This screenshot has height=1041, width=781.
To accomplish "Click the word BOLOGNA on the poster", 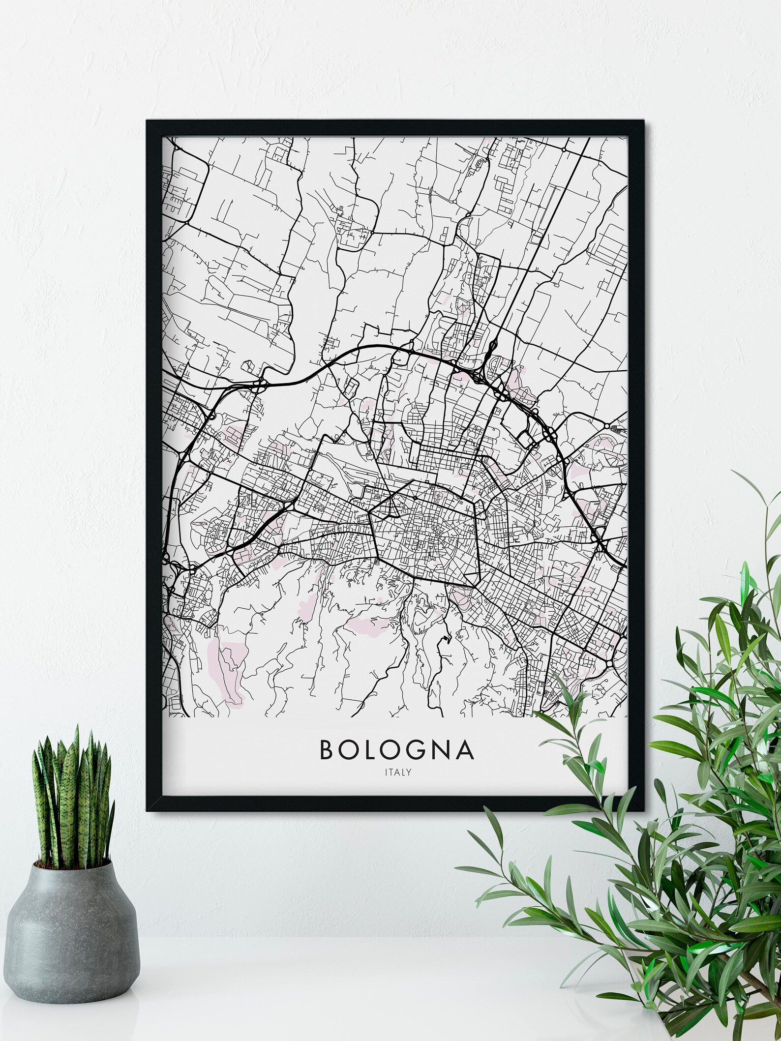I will (x=397, y=749).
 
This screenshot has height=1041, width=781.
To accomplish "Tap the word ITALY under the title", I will (x=398, y=772).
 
